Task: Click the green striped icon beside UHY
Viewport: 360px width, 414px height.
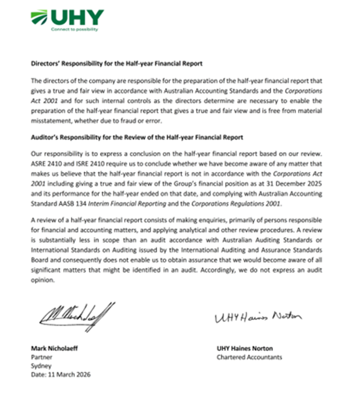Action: point(39,18)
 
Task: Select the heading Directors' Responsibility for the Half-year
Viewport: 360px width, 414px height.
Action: point(116,63)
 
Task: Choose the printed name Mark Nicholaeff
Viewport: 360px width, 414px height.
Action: point(55,349)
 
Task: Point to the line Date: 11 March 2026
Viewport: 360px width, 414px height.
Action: point(60,375)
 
